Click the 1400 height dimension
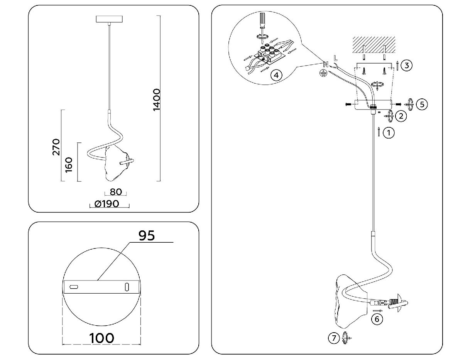tap(156, 100)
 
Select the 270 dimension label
tap(56, 147)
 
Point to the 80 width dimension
tap(115, 192)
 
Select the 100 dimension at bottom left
tap(102, 338)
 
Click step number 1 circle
tap(389, 133)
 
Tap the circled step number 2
tap(402, 116)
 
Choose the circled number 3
tap(406, 65)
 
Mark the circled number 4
tap(274, 75)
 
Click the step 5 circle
tap(422, 104)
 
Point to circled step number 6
tap(377, 319)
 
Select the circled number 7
tap(332, 338)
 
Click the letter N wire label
tap(325, 64)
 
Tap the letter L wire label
tap(335, 59)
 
